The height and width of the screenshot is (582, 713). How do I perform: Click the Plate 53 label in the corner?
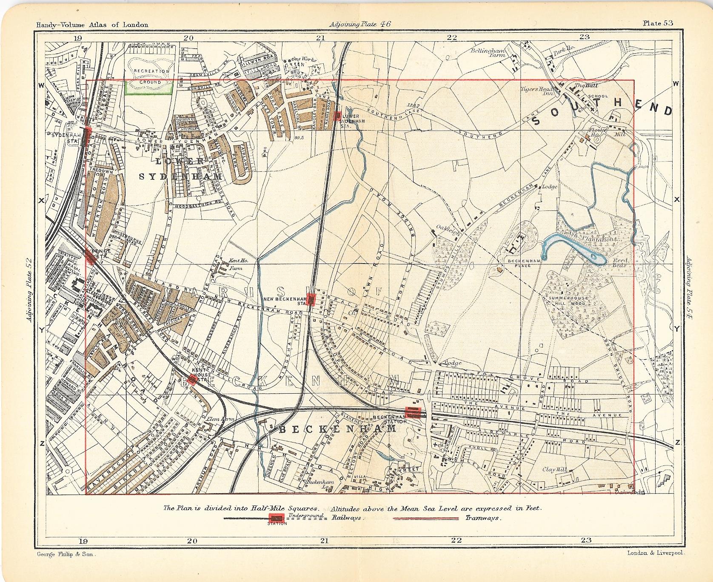click(x=658, y=23)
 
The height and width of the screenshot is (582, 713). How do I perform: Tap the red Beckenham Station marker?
click(x=413, y=412)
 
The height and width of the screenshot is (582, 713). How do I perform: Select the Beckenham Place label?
click(x=523, y=263)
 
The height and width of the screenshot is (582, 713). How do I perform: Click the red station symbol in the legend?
click(x=277, y=517)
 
